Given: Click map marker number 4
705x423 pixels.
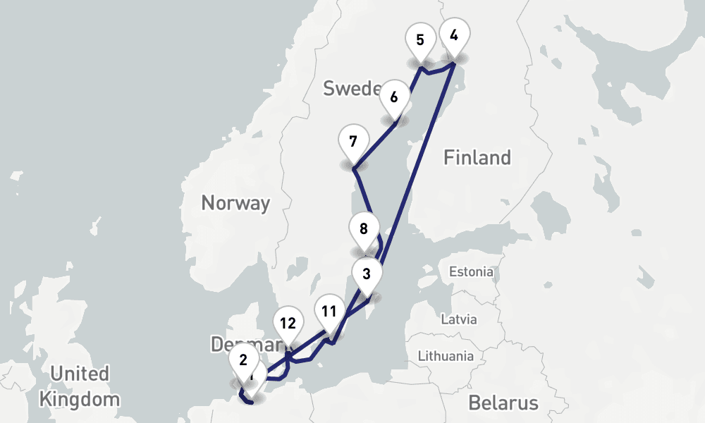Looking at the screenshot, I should click(x=454, y=35).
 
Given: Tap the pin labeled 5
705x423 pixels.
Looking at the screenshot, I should click(x=420, y=39).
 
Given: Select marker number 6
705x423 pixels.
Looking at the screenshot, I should click(x=394, y=97).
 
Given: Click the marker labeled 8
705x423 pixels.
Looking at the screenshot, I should click(x=364, y=228).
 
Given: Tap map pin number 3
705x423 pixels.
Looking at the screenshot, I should click(x=367, y=274).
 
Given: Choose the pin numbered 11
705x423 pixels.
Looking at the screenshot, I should click(x=329, y=311).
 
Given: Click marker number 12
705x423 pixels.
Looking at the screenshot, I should click(x=288, y=324).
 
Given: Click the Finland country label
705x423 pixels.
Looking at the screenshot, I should click(x=477, y=157).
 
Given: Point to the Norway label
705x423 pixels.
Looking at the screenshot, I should click(x=235, y=203).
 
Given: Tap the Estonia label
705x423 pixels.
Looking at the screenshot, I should click(x=472, y=271).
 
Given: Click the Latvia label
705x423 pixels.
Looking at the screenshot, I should click(x=459, y=319).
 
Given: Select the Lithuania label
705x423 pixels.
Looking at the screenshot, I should click(x=446, y=356).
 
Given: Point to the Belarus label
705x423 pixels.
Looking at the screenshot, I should click(x=503, y=403).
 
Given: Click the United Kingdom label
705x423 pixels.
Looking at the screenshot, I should click(x=79, y=386).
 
